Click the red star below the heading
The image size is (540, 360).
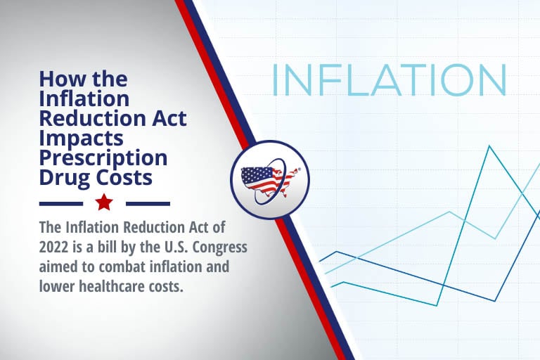click(104, 202)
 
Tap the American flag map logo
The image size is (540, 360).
click(270, 180)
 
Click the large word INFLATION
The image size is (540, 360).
click(389, 80)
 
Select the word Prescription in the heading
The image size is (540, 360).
click(103, 158)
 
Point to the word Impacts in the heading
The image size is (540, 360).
click(82, 139)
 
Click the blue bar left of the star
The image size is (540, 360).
click(61, 204)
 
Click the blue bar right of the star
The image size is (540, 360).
click(148, 204)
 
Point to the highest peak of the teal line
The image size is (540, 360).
click(489, 146)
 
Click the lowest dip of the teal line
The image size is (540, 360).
click(437, 305)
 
